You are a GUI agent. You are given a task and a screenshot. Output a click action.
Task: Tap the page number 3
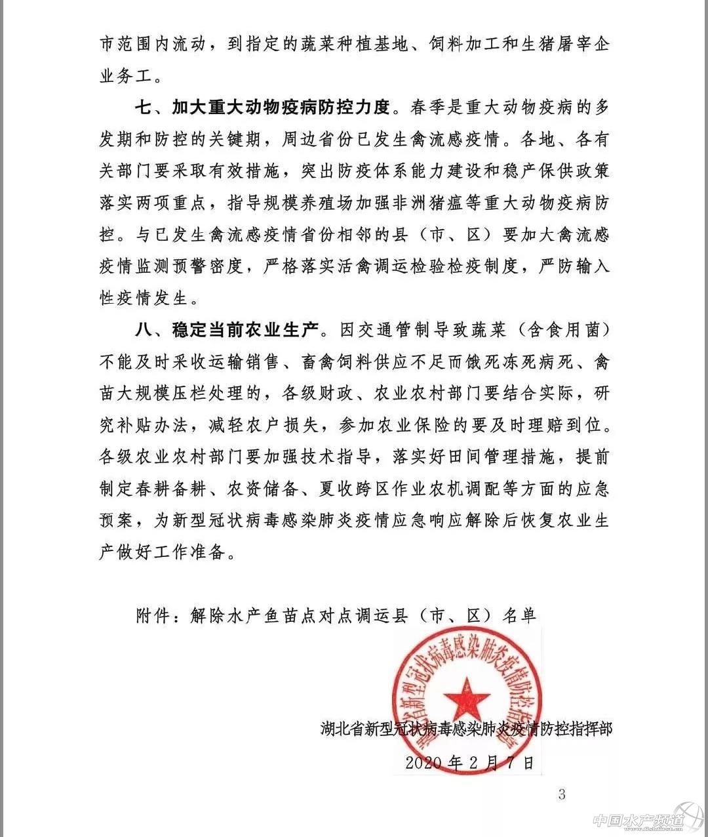coord(561,794)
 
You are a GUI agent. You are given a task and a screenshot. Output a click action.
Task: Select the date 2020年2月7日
coord(469,762)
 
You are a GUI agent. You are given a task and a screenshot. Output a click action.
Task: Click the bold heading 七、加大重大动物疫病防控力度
coord(262,107)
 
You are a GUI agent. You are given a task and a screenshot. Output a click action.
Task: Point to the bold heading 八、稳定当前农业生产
coord(226,330)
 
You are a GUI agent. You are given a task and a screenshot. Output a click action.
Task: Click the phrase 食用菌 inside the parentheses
coord(564,330)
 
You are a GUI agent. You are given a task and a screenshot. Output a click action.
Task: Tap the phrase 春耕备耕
coord(171,489)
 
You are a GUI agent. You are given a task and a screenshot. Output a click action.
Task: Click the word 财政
coord(337,394)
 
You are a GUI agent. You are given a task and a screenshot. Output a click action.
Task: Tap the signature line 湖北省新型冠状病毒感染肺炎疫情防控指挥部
coord(466,728)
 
